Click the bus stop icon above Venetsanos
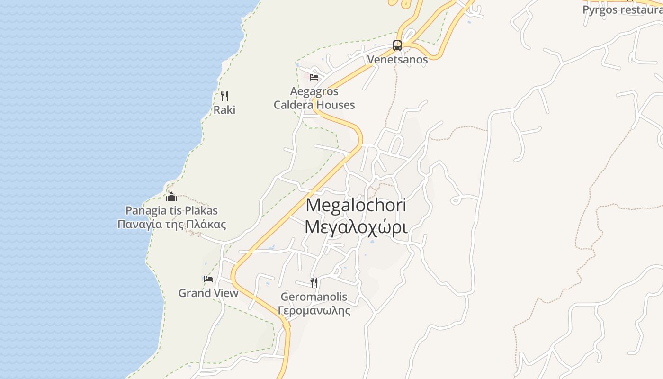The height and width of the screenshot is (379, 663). (397, 45)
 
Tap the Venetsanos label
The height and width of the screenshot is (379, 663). (397, 60)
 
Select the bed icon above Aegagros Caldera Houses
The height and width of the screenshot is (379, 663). (314, 77)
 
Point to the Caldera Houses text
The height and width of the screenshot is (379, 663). (314, 105)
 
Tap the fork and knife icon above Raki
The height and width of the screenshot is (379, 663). (224, 96)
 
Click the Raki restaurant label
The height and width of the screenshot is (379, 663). (224, 110)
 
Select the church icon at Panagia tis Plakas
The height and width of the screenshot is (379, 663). (171, 197)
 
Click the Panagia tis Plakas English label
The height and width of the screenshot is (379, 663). (171, 210)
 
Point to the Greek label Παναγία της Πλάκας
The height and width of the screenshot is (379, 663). (171, 224)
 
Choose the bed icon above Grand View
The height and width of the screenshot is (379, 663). (208, 279)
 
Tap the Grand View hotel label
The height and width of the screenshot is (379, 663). (208, 293)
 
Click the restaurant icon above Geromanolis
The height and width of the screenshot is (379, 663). (314, 283)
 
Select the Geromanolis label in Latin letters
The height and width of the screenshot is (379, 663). (314, 297)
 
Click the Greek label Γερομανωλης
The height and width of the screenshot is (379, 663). (314, 311)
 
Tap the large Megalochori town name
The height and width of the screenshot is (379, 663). (356, 205)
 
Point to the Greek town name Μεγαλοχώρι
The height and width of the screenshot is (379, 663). (356, 227)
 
